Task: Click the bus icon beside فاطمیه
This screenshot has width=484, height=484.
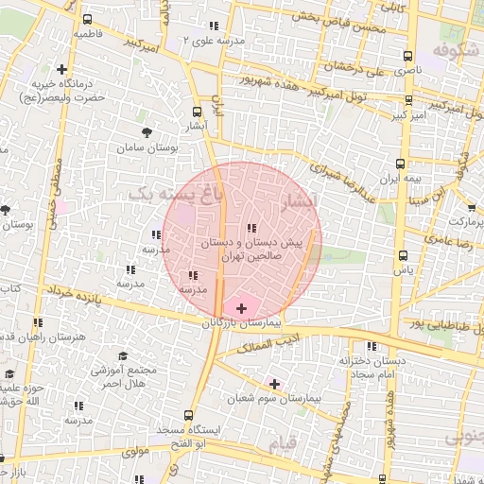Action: pyautogui.click(x=88, y=19)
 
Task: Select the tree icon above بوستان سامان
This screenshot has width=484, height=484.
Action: pyautogui.click(x=146, y=132)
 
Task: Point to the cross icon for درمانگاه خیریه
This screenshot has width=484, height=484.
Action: pyautogui.click(x=61, y=69)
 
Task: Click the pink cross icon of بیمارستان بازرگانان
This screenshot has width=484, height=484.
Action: pyautogui.click(x=241, y=307)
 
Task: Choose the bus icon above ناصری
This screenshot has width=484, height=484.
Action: pyautogui.click(x=408, y=56)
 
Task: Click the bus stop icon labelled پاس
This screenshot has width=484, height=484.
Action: pyautogui.click(x=405, y=255)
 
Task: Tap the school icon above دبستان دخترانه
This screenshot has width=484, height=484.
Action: pyautogui.click(x=371, y=346)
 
